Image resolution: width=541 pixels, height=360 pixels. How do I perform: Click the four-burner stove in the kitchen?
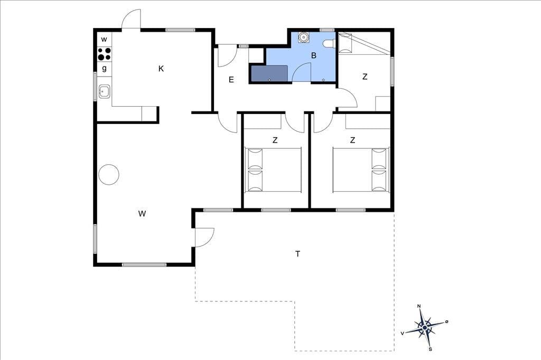click(x=104, y=54)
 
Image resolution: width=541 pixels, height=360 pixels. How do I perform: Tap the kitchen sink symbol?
click(x=104, y=91)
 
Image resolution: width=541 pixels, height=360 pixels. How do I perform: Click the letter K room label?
click(x=161, y=69)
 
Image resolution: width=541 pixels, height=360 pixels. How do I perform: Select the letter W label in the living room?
click(x=142, y=214)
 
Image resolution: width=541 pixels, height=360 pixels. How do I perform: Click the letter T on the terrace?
click(x=298, y=254)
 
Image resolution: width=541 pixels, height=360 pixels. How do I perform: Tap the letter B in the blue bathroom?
click(x=314, y=55)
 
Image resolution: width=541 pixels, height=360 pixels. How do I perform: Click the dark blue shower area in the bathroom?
click(x=269, y=73)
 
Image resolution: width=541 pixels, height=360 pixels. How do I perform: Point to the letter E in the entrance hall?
click(x=231, y=80)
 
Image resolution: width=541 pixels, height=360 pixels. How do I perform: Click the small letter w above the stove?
click(x=104, y=40)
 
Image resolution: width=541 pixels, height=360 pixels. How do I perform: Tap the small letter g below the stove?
click(x=104, y=68)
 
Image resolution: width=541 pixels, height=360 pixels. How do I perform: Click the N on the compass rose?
click(x=419, y=306)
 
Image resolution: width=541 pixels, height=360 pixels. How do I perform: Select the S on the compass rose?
click(x=430, y=349)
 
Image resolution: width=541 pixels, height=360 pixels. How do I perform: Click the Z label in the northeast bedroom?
click(x=365, y=77)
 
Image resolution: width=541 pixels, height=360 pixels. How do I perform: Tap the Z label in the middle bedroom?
click(x=275, y=140)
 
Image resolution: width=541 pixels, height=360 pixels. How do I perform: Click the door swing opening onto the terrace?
click(x=204, y=237)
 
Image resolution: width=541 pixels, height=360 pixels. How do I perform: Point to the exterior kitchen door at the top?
click(x=131, y=20)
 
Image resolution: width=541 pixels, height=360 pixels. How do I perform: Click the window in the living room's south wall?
click(x=144, y=265)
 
